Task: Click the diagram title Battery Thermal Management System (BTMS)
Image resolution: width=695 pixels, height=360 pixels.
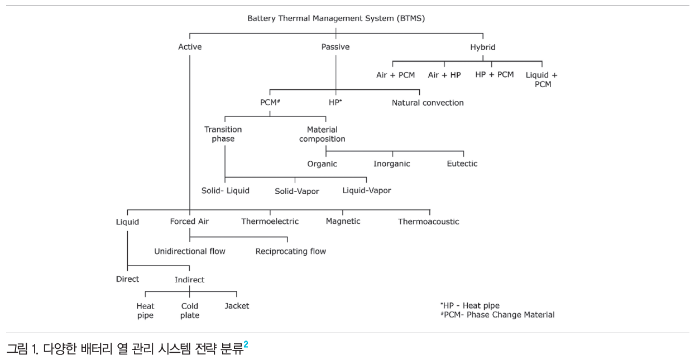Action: tap(336, 18)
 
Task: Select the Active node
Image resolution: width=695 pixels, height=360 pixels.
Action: tap(190, 47)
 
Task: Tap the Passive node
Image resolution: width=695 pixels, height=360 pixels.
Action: tap(335, 47)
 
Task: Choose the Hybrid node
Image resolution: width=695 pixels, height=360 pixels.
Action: tap(482, 47)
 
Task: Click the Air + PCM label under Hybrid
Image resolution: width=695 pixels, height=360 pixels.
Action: tap(395, 75)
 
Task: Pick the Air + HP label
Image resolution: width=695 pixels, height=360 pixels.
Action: tap(444, 75)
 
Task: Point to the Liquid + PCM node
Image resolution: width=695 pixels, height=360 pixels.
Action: tap(541, 79)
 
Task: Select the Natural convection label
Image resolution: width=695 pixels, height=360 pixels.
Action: tap(428, 103)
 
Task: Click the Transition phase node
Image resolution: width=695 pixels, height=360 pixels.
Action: tap(223, 134)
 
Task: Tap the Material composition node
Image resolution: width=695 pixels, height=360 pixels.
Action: tap(322, 134)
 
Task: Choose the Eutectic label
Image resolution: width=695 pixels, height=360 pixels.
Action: tap(462, 164)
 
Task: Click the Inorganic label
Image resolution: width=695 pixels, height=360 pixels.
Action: tap(392, 164)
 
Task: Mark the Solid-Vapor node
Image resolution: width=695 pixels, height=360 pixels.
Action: tap(297, 191)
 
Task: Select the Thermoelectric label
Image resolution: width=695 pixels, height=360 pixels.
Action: tap(270, 222)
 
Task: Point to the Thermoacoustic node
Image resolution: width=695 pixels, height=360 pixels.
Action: tap(429, 222)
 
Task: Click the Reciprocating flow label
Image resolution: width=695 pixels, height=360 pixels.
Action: tap(291, 251)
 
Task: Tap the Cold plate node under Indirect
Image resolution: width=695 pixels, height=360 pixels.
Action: tap(190, 311)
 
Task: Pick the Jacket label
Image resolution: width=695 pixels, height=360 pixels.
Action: tap(237, 306)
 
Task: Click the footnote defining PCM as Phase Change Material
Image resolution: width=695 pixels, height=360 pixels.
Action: tap(497, 315)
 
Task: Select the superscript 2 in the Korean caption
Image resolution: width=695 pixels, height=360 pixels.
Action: tap(246, 344)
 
